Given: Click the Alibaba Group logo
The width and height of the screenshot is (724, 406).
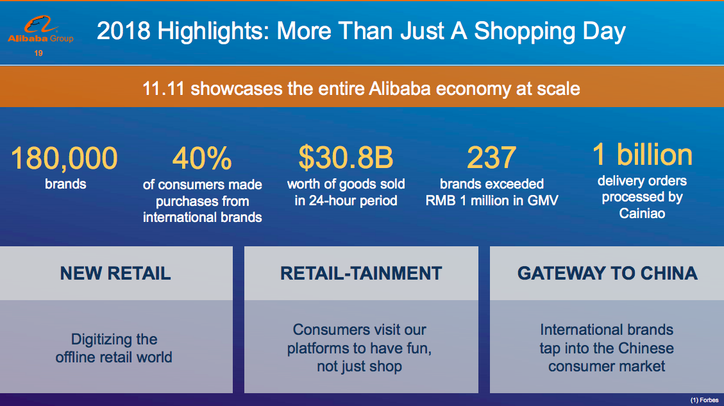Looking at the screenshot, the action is [x=40, y=30].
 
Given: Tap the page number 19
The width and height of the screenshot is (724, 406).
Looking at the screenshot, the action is [x=38, y=54].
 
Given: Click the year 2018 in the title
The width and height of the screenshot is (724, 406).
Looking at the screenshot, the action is [x=124, y=31].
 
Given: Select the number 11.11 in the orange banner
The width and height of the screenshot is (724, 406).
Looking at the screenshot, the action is [x=164, y=89].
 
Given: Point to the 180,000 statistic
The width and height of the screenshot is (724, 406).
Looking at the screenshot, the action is [x=64, y=158].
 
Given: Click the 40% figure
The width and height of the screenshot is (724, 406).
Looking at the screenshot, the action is [x=202, y=158].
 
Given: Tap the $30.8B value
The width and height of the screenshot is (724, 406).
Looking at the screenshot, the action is [x=346, y=157].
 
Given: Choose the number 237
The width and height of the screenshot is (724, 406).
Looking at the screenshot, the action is [x=491, y=158].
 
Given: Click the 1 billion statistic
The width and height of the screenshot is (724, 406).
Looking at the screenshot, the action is [x=643, y=155].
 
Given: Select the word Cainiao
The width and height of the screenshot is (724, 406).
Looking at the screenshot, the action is [x=643, y=214].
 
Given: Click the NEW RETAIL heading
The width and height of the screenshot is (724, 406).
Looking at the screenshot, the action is [x=115, y=273].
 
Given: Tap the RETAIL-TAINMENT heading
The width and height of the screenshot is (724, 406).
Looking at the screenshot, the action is [x=361, y=273].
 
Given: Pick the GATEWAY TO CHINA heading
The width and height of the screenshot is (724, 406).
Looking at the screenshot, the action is [x=607, y=273].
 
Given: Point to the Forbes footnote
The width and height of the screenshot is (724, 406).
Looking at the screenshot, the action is [x=705, y=400].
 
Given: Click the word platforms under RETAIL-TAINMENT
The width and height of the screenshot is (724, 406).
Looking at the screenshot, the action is [x=316, y=349].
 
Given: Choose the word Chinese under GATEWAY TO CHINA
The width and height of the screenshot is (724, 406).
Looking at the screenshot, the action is [x=646, y=348].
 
